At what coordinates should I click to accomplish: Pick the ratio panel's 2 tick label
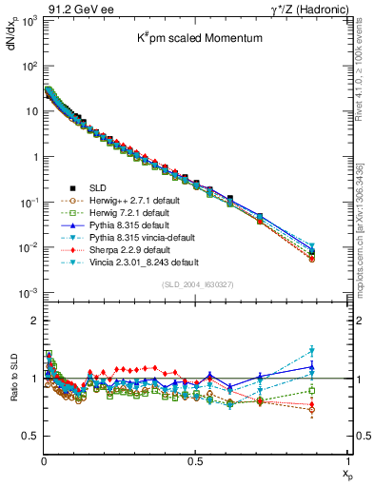click(33, 321)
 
